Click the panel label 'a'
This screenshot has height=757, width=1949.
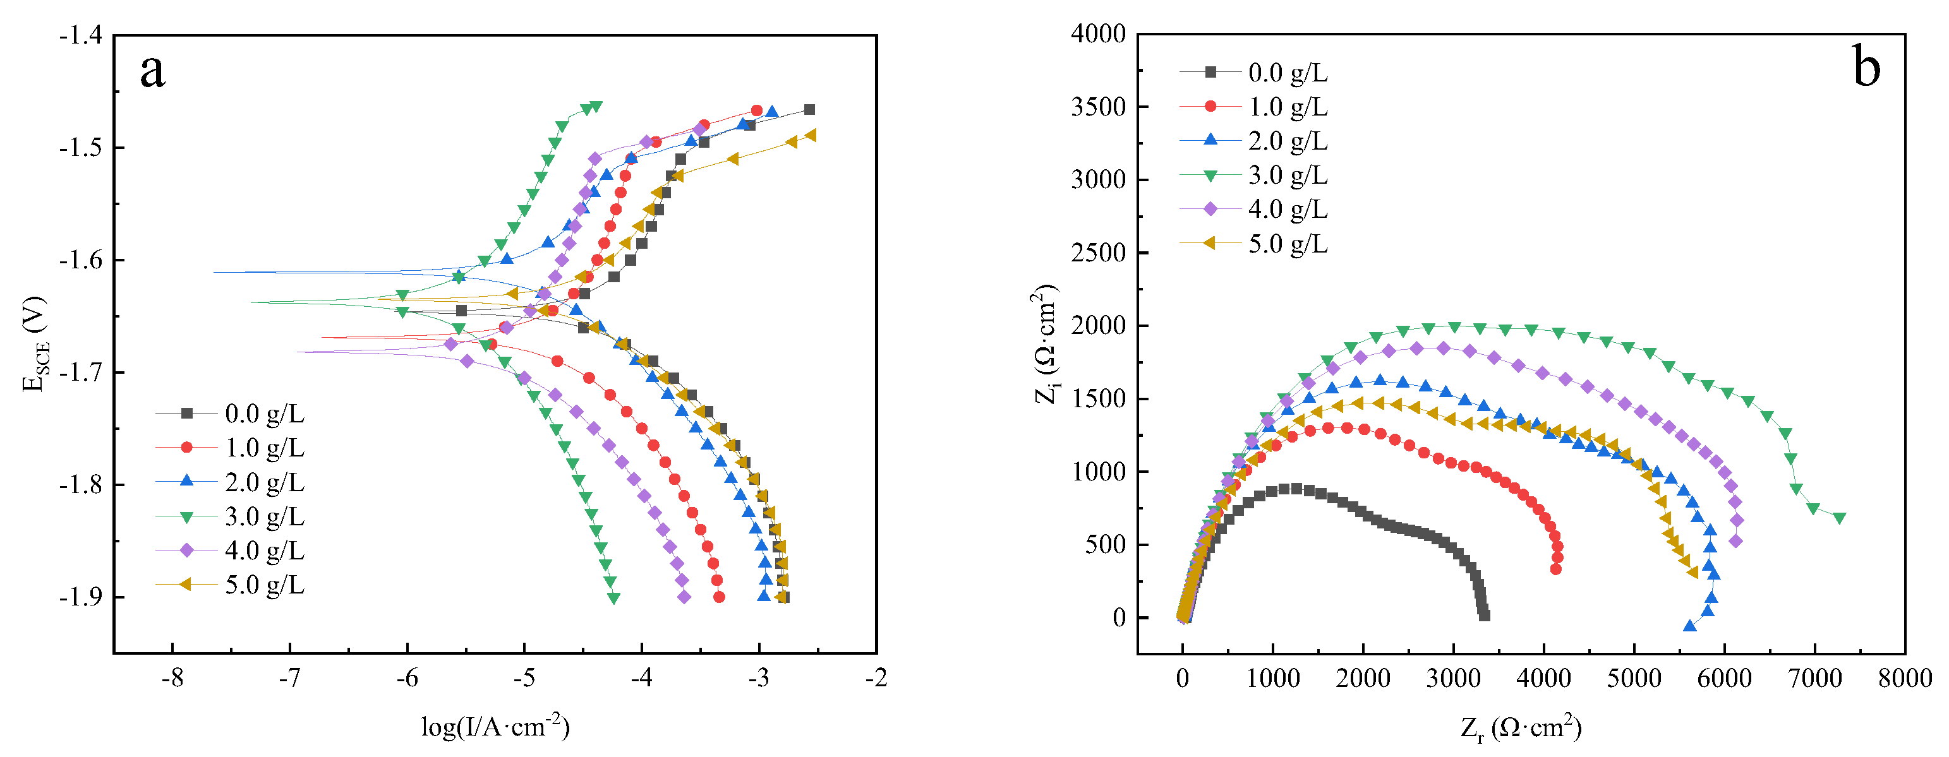click(152, 72)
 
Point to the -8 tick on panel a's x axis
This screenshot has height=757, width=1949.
click(172, 677)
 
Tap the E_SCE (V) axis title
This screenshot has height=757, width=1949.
click(35, 344)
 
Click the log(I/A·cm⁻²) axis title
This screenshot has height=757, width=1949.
click(495, 727)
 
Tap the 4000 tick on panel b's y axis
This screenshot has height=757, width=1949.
click(1098, 34)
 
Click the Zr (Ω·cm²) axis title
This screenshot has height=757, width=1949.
click(1521, 727)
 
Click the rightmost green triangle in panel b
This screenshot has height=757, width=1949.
click(1839, 518)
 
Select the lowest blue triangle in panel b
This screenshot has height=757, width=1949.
click(1689, 626)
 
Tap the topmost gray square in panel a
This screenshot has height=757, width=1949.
click(809, 110)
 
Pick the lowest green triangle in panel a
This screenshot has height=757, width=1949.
click(613, 597)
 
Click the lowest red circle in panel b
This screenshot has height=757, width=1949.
click(1555, 569)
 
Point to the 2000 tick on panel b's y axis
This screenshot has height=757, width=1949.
click(1098, 326)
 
